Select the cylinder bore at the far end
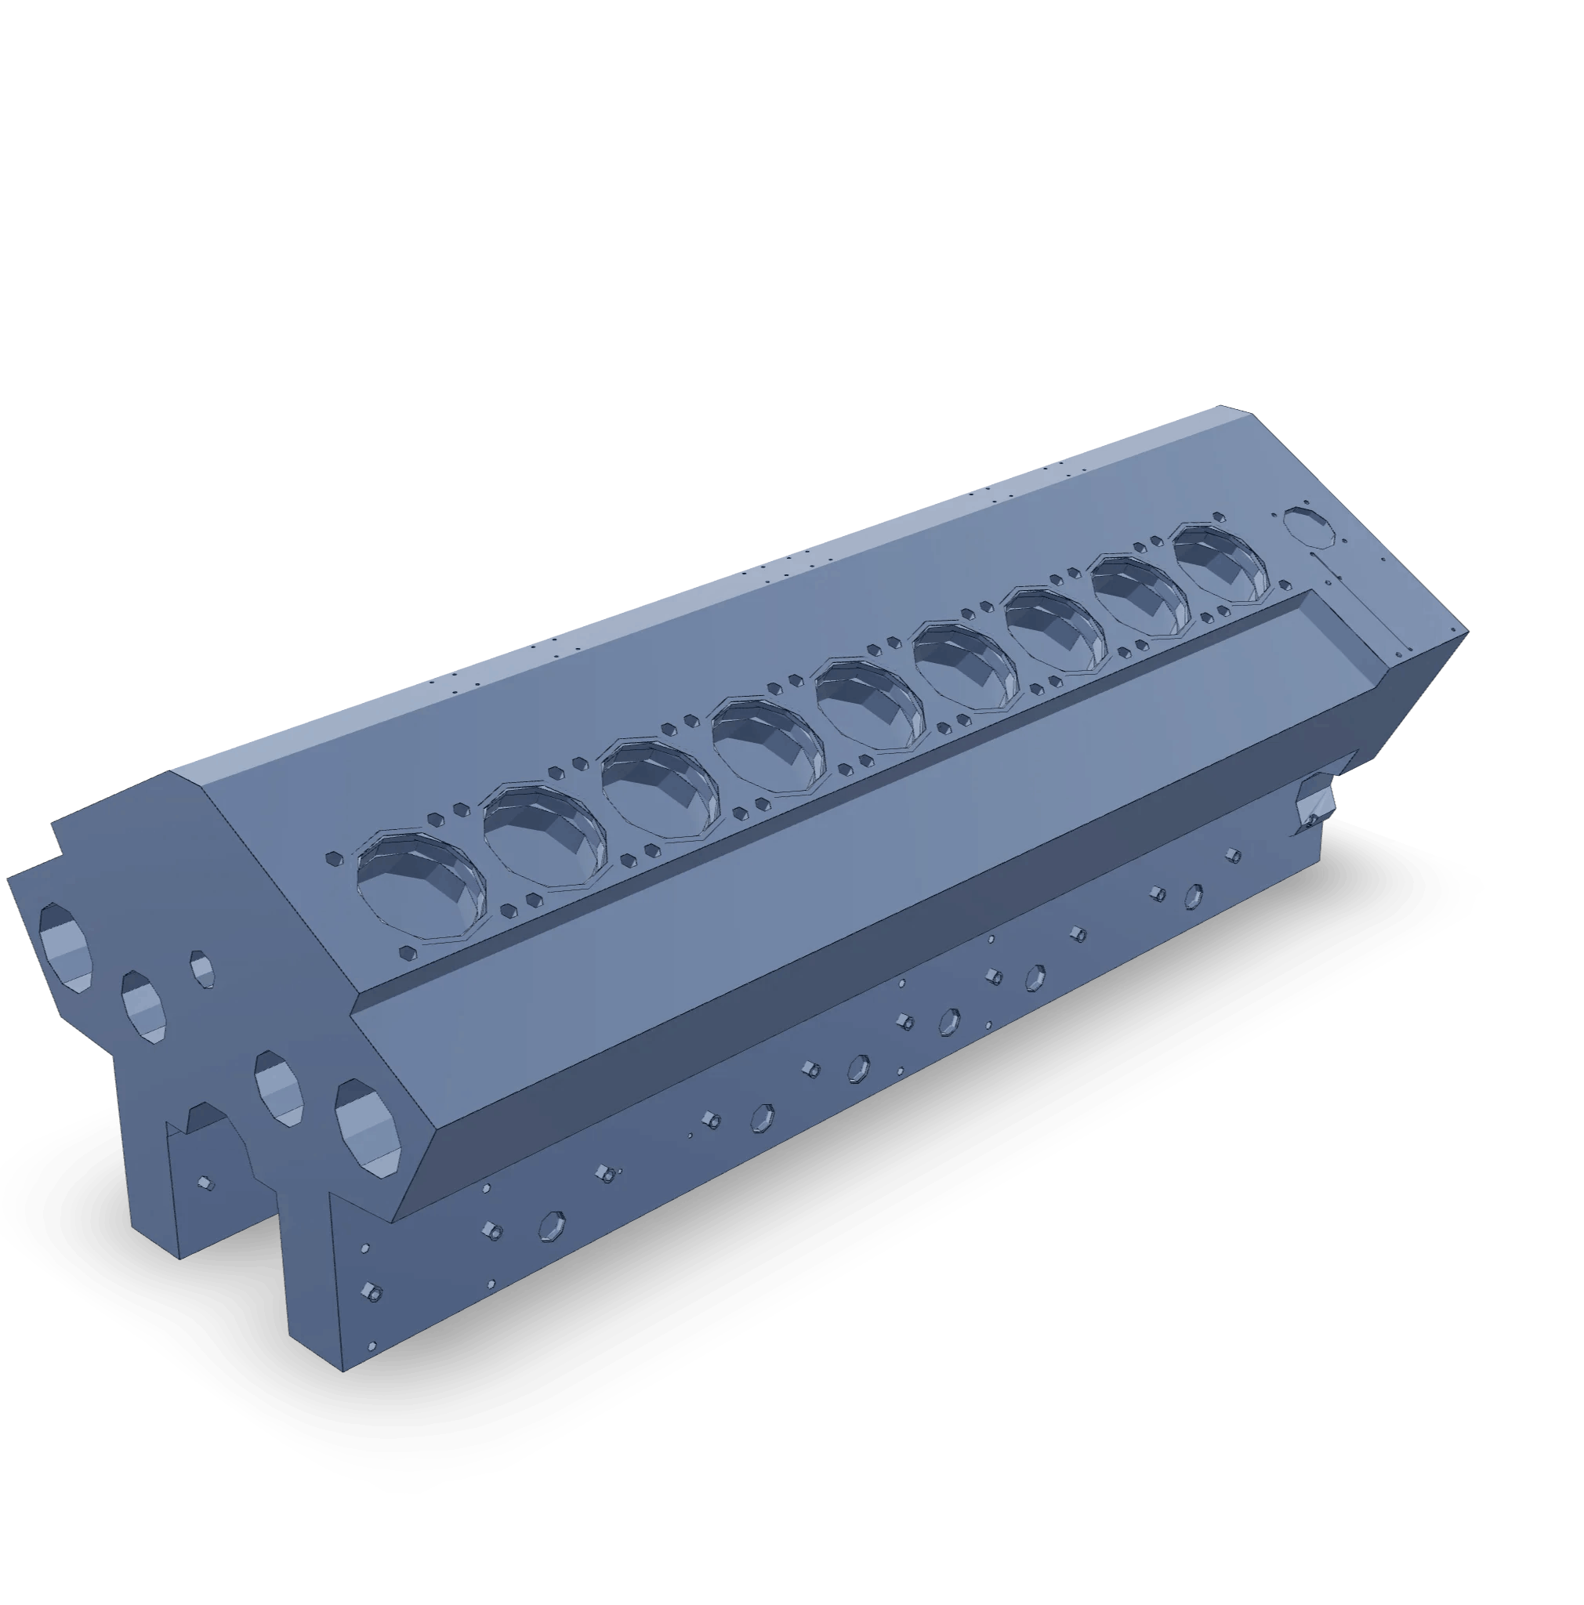(1222, 563)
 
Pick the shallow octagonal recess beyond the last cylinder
(1309, 527)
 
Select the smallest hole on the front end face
(202, 969)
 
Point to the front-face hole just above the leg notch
(278, 1088)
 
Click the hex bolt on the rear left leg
(206, 1183)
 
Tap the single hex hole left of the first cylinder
(334, 859)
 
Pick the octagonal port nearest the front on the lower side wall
(552, 1225)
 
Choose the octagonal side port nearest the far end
(1193, 895)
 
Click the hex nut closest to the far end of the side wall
(1234, 855)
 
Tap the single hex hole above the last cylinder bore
(1219, 516)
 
